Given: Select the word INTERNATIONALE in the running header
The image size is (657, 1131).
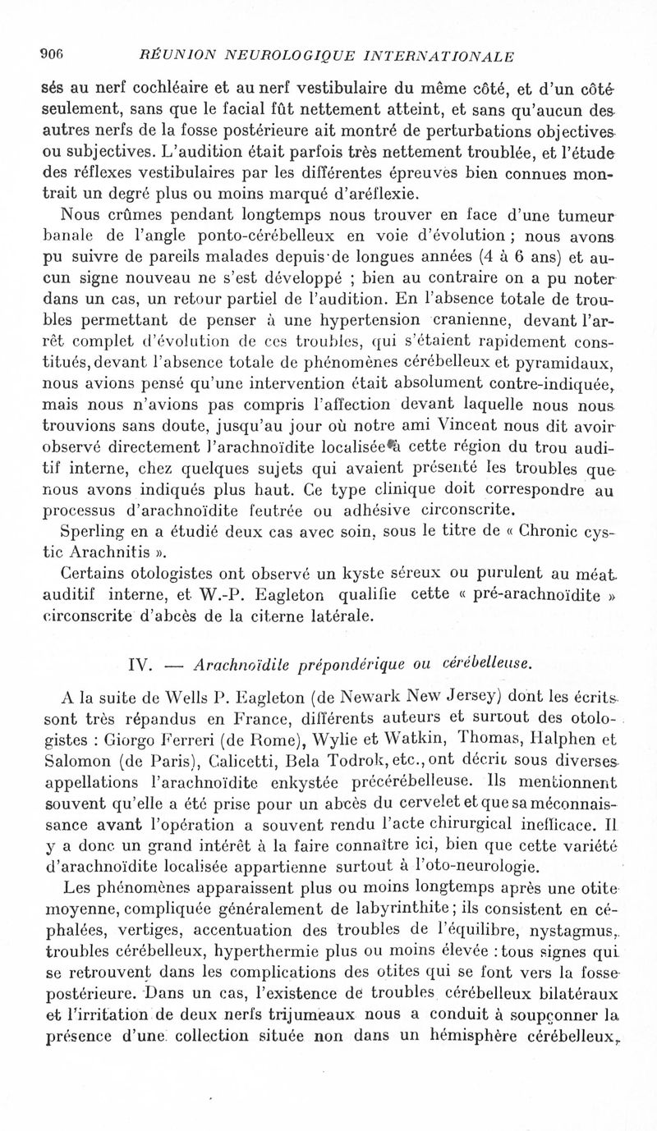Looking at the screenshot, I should point(442,57).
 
